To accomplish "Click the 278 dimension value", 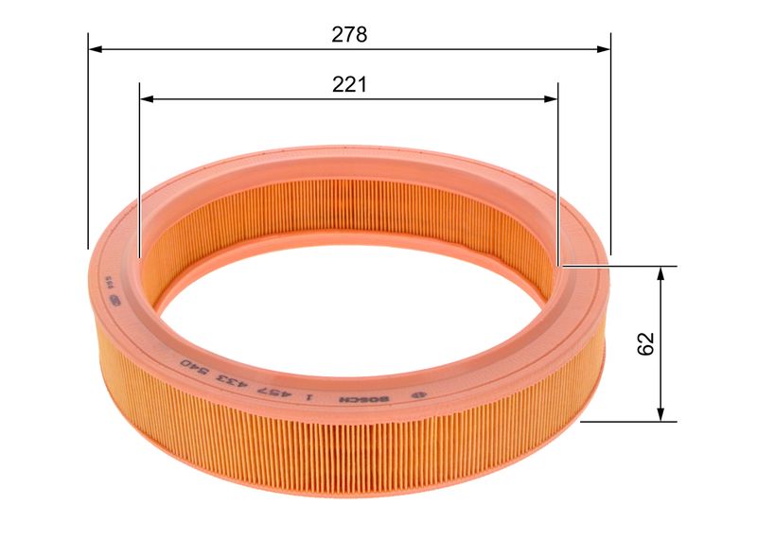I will (x=349, y=35).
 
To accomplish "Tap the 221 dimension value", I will (x=349, y=85).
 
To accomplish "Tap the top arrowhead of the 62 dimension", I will (x=661, y=272).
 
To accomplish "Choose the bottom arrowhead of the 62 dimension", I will (x=661, y=415).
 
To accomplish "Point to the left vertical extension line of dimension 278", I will (x=88, y=142).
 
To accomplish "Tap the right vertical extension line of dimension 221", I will (x=558, y=170).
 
